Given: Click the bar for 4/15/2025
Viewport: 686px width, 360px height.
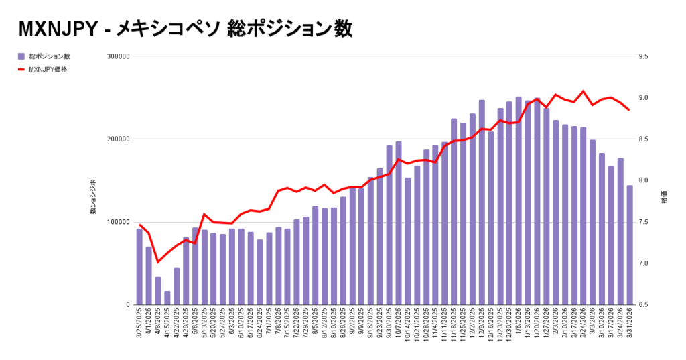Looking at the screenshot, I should coord(167,298).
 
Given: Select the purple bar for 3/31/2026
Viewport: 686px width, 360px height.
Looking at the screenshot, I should coord(630,245).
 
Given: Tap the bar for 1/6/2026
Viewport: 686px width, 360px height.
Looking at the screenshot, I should coord(519,201).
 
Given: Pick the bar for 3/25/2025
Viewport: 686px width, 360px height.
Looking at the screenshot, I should coord(139,267).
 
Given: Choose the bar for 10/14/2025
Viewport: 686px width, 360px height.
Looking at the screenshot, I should coord(407,241).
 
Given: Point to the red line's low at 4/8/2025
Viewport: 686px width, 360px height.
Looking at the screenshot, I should coord(158,262).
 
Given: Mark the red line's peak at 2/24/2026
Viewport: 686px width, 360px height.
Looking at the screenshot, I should coord(584,91).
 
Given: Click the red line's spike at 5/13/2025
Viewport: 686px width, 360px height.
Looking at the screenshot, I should coord(204,214).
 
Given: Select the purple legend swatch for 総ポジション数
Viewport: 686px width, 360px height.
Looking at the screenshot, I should coord(21,56).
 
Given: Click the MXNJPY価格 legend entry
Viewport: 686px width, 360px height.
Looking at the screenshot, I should coord(48,69).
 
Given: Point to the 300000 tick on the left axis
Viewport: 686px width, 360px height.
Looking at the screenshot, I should coord(118,56).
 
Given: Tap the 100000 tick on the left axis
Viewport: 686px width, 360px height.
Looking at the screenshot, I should coord(118,222).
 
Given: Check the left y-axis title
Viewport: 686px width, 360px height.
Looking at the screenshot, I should coord(93,197).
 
